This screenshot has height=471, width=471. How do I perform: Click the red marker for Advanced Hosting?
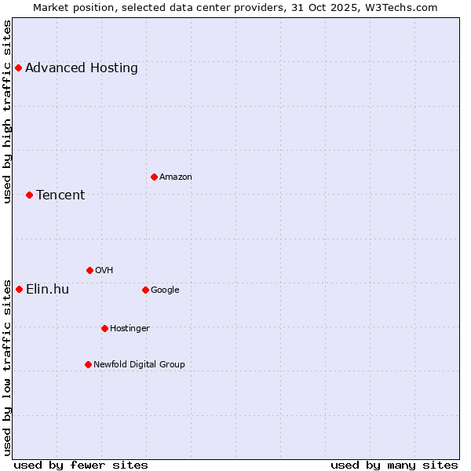[x=18, y=68]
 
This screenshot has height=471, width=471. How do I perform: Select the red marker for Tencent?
[x=29, y=195]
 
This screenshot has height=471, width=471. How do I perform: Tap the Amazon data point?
[x=154, y=177]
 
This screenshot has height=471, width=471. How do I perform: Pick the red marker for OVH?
[x=89, y=270]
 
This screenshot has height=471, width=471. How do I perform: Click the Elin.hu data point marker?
[x=19, y=289]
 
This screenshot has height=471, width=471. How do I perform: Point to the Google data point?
[x=145, y=290]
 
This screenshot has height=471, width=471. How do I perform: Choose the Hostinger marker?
[x=104, y=328]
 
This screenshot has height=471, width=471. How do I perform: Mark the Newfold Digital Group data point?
[x=88, y=364]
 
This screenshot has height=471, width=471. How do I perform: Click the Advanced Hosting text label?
[x=82, y=68]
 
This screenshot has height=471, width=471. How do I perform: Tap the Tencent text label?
[x=60, y=195]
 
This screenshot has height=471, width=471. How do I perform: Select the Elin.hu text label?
[x=47, y=289]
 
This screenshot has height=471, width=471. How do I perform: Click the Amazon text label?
[x=176, y=177]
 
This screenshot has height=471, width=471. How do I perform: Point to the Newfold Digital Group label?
[x=139, y=364]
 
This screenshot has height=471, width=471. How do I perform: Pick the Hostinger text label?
[x=130, y=328]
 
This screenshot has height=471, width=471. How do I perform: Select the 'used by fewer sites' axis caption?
[x=81, y=465]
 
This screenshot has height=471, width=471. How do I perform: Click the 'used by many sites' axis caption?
[x=394, y=465]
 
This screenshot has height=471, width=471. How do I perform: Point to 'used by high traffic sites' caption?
[x=7, y=111]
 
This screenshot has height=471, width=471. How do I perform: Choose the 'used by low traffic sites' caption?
[x=7, y=367]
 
